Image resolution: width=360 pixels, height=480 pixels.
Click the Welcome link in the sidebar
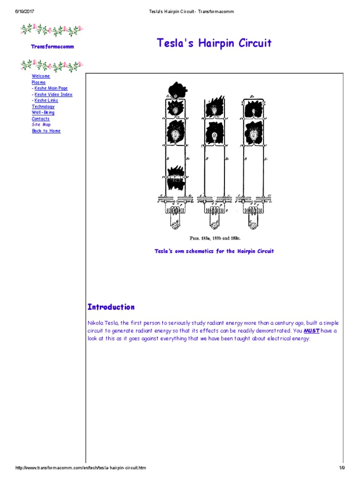(41, 76)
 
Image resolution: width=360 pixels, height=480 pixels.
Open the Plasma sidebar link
(38, 82)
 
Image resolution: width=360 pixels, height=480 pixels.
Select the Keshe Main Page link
(51, 88)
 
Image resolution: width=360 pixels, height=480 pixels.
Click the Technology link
(43, 106)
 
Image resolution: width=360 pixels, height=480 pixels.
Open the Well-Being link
(43, 112)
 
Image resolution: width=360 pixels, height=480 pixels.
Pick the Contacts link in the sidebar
(41, 119)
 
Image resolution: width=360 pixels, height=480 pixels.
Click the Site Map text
(41, 125)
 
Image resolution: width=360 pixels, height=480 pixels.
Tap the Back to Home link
(46, 131)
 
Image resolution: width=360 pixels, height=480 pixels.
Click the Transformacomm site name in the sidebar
(52, 46)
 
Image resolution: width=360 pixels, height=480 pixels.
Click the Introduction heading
(111, 307)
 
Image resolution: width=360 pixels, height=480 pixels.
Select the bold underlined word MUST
(312, 330)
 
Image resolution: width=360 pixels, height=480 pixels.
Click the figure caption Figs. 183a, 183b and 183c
(214, 238)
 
